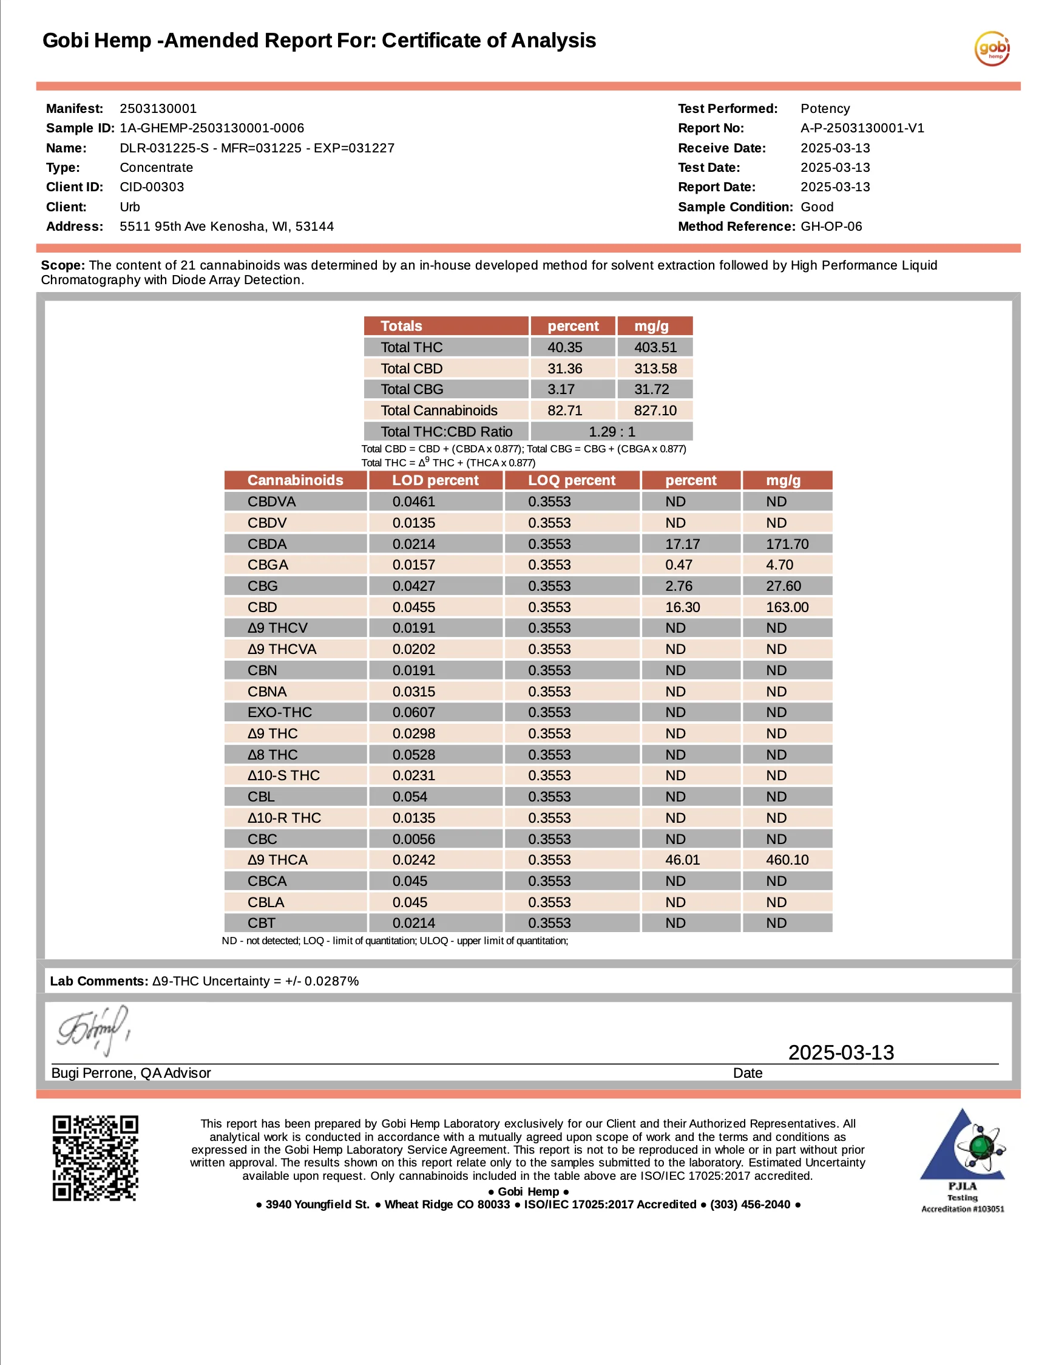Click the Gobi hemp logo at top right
(x=992, y=48)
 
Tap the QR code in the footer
(x=95, y=1158)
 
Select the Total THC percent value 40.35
(x=565, y=347)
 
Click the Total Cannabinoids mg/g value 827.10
(x=655, y=410)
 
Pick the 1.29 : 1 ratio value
(x=612, y=432)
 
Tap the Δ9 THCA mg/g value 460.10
(x=787, y=860)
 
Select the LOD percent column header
(x=435, y=481)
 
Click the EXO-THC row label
(x=279, y=712)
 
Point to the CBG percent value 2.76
(x=679, y=586)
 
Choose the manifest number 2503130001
(x=158, y=109)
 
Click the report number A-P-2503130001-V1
(x=862, y=128)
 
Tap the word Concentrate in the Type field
(x=156, y=168)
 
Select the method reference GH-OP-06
(x=831, y=226)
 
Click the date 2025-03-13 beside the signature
(x=841, y=1052)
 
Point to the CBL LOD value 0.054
(x=410, y=797)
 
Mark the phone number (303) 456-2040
(x=750, y=1204)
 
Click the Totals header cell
(x=401, y=326)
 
